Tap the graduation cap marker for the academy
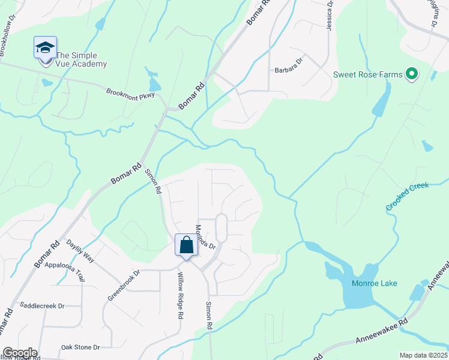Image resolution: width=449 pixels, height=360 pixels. [x=45, y=47]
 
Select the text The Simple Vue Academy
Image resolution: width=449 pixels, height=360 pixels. [x=81, y=59]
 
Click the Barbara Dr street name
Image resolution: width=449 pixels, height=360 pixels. [x=289, y=69]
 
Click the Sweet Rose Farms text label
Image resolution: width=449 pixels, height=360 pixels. [x=367, y=75]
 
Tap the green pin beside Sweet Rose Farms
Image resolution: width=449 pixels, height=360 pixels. [x=412, y=74]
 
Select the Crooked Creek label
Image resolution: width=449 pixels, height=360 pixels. [x=407, y=196]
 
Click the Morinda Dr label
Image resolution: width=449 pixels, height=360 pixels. [x=205, y=236]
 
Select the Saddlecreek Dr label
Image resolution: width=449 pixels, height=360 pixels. [x=42, y=305]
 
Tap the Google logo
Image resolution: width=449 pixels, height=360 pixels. [x=20, y=353]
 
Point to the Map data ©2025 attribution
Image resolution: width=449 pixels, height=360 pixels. [x=423, y=355]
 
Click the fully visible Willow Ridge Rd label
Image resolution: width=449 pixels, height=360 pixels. [x=180, y=295]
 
